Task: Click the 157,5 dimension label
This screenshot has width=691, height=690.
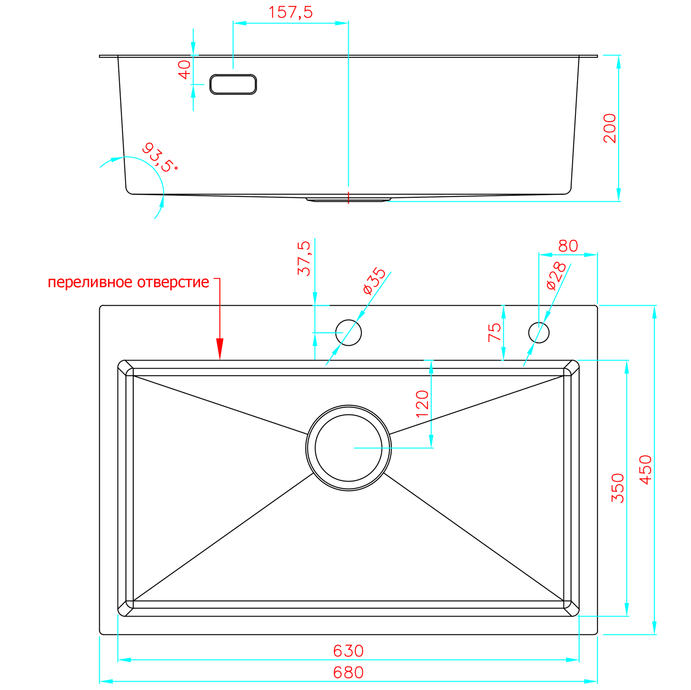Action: pos(290,12)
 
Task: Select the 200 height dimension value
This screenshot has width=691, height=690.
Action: pos(610,128)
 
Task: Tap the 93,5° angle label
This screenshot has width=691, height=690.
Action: pos(160,157)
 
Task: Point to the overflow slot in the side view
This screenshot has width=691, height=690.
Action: pos(233,84)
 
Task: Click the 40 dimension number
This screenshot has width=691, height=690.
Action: pos(184,69)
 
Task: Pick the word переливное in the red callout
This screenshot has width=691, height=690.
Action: pos(90,282)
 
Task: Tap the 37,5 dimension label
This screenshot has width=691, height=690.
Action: pos(304,258)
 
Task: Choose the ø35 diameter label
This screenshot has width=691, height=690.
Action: pos(374,281)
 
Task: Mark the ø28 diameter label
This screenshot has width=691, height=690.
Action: pos(556,276)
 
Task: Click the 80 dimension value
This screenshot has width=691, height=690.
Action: pos(568,246)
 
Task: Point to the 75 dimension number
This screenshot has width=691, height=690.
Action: pos(494,332)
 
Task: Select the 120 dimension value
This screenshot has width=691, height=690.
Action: pos(422,404)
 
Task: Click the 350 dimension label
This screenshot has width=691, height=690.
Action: pos(618,488)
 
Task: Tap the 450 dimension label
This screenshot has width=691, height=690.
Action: pos(646,470)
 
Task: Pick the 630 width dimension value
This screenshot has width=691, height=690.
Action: pos(348,651)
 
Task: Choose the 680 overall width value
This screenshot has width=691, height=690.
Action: pos(348,673)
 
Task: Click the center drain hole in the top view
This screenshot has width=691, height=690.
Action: pos(348,448)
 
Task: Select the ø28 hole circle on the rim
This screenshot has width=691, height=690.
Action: pos(539,332)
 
